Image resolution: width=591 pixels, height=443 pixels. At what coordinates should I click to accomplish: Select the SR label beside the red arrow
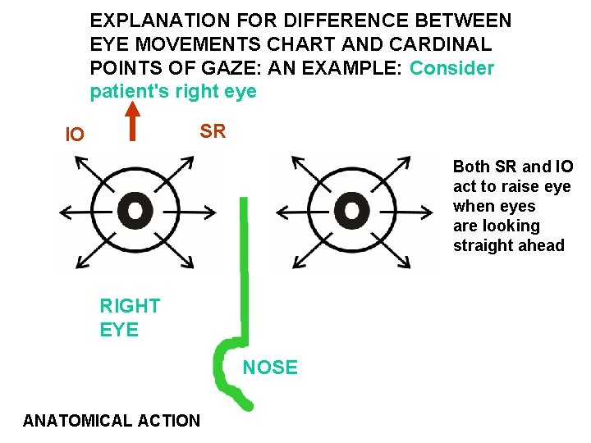coord(213,131)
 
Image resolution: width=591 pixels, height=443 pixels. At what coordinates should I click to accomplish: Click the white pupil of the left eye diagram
coord(135,211)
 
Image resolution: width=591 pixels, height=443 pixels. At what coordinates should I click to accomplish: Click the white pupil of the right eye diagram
coord(352,211)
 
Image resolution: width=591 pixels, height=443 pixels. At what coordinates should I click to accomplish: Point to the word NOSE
coord(270,368)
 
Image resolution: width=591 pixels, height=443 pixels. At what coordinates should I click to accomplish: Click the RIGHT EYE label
coord(130,318)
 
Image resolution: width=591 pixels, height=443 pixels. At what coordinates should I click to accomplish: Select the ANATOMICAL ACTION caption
coord(112,421)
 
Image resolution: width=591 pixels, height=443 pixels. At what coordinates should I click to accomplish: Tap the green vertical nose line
coord(243,263)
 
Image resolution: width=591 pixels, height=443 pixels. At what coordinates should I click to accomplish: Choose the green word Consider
coord(451,67)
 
